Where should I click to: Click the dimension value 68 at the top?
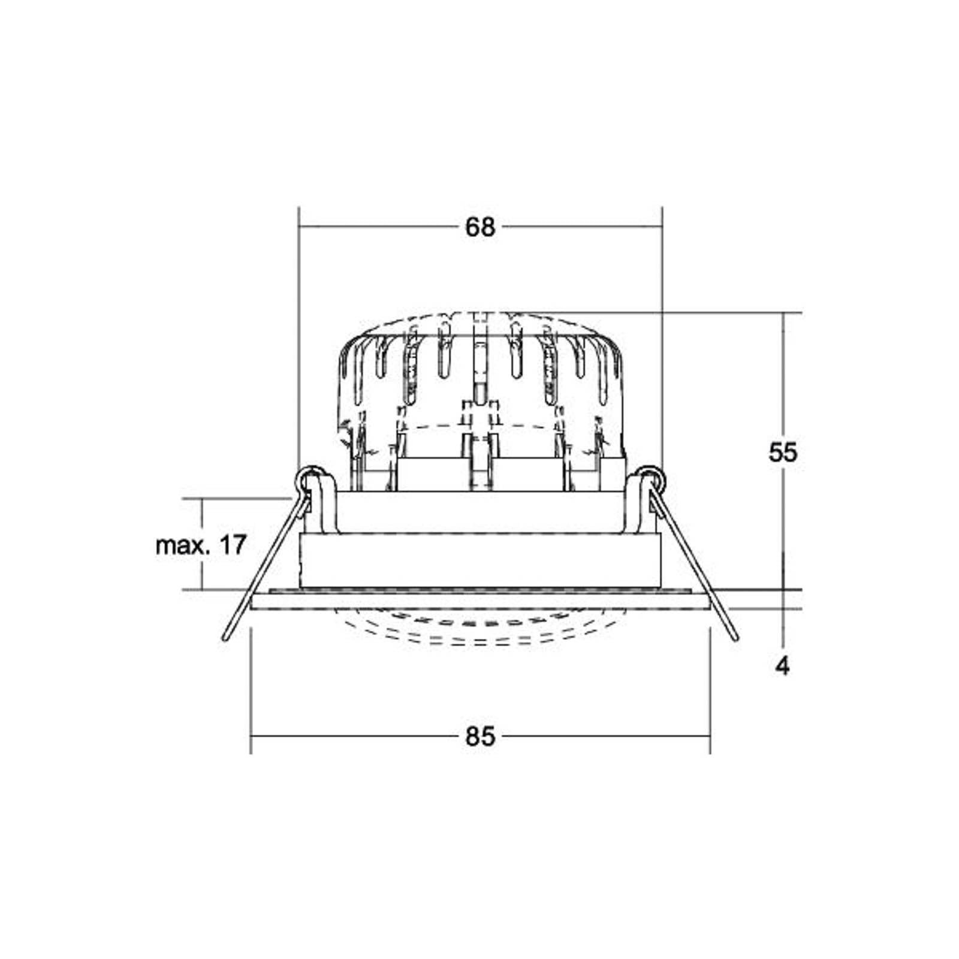480,227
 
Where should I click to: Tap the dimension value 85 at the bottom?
480,737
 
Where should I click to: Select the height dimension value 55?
783,453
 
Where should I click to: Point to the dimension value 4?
783,666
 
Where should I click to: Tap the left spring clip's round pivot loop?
309,478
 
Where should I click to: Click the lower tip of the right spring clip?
735,638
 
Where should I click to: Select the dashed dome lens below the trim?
479,627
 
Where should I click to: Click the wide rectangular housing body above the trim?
479,560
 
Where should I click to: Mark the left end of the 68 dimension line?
299,227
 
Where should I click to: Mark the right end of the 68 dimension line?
662,227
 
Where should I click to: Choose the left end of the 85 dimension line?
251,737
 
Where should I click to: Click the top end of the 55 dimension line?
783,313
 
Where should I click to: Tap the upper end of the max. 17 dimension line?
203,498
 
